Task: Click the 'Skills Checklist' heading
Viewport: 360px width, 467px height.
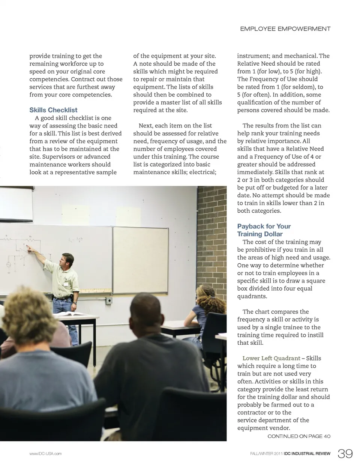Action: tap(53, 110)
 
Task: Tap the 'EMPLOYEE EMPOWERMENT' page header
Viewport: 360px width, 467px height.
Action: tap(285, 29)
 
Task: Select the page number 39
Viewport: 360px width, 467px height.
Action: tap(345, 453)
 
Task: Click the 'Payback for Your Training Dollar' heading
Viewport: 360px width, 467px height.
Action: tap(264, 230)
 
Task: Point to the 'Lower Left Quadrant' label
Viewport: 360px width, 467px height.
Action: tap(271, 358)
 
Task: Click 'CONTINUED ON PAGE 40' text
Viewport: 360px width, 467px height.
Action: tap(299, 436)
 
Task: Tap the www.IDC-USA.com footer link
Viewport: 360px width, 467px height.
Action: tap(45, 454)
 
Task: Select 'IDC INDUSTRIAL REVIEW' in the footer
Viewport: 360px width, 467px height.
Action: tap(307, 454)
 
